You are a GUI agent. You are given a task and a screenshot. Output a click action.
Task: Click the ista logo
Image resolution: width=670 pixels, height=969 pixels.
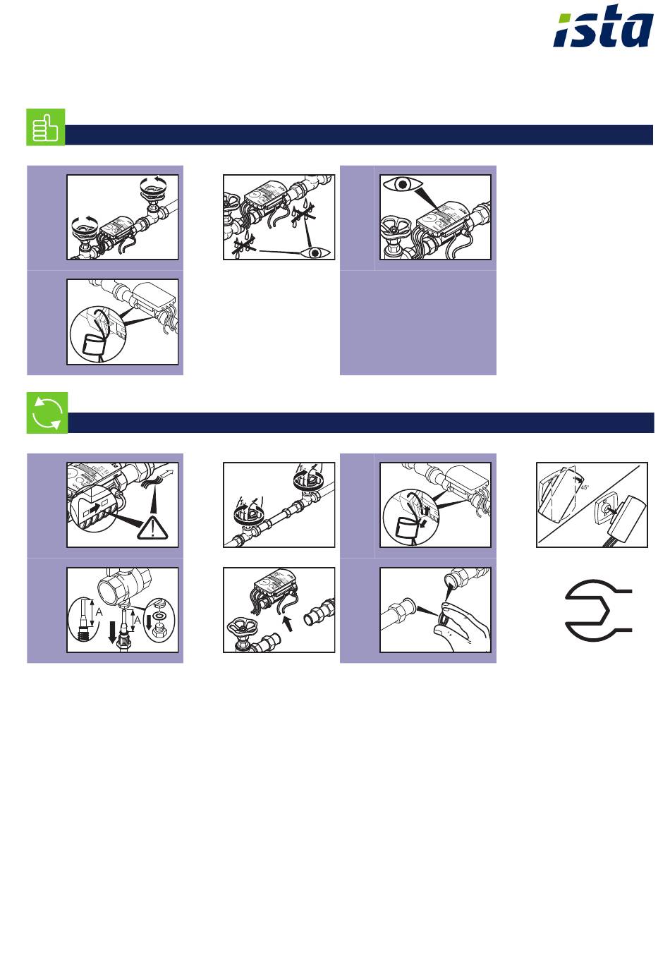tap(603, 27)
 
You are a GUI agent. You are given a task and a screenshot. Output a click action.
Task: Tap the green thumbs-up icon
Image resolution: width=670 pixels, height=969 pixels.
tap(45, 127)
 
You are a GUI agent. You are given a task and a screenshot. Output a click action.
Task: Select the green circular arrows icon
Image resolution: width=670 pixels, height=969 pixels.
tap(47, 413)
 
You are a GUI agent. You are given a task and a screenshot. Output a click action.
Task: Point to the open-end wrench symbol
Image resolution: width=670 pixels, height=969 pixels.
tap(597, 610)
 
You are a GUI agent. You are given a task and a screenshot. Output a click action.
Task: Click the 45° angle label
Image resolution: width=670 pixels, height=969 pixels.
tap(585, 487)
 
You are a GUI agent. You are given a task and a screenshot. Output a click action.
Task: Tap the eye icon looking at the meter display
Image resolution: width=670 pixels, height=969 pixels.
tap(403, 185)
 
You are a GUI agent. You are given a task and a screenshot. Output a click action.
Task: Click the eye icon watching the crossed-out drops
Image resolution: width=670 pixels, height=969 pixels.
tap(315, 252)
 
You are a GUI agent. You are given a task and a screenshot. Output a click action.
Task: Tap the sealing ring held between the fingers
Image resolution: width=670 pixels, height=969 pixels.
tap(443, 618)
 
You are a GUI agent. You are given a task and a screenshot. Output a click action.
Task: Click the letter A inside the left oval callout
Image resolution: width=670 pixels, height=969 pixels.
tap(99, 612)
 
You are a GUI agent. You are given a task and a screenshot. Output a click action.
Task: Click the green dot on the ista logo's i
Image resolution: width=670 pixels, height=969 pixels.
tap(565, 19)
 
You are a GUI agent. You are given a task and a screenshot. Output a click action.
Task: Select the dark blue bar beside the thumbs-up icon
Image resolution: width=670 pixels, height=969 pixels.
tap(359, 135)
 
